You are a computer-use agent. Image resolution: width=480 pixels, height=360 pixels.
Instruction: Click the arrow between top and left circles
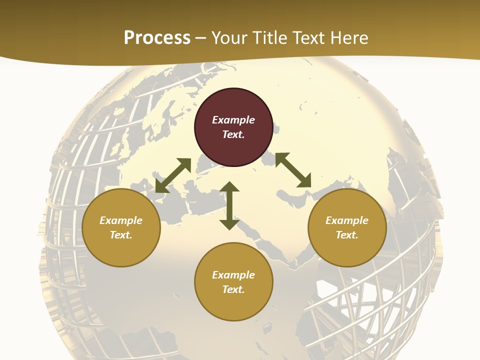click(173, 175)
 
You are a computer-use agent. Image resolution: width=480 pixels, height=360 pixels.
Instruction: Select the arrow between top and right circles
click(293, 170)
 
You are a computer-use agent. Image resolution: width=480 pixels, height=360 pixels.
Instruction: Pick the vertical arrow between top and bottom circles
click(229, 206)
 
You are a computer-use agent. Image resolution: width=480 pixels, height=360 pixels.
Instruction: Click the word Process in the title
click(157, 37)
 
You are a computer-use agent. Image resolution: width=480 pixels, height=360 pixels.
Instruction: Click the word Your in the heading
click(228, 37)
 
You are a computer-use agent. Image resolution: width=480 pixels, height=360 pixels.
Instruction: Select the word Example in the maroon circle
click(233, 120)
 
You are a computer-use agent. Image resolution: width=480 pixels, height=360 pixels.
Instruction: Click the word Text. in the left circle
click(121, 235)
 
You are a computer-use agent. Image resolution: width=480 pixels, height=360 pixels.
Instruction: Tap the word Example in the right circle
click(347, 220)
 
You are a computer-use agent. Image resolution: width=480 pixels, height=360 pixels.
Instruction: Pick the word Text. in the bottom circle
click(233, 289)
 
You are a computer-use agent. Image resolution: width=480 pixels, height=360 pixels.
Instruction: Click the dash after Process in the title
click(201, 38)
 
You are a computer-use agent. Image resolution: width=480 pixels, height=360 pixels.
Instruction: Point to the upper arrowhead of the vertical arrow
click(229, 186)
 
